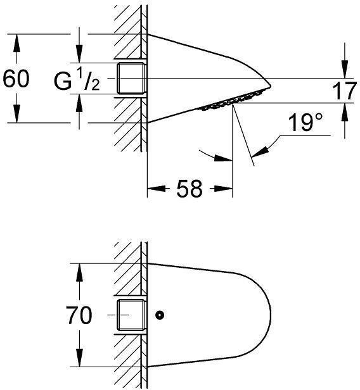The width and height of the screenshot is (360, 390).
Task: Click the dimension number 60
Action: (16, 79)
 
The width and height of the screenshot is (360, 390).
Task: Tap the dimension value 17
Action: (345, 91)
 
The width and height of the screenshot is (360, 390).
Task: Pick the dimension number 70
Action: (78, 315)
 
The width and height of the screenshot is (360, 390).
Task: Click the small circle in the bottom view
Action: (160, 315)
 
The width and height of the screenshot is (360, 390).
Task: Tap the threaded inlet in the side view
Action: (131, 79)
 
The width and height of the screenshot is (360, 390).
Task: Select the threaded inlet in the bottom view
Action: (131, 315)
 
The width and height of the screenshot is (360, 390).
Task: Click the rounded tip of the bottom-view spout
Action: (269, 315)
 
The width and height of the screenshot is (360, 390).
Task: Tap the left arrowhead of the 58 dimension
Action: (152, 188)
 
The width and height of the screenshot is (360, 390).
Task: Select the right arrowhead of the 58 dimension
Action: (228, 188)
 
